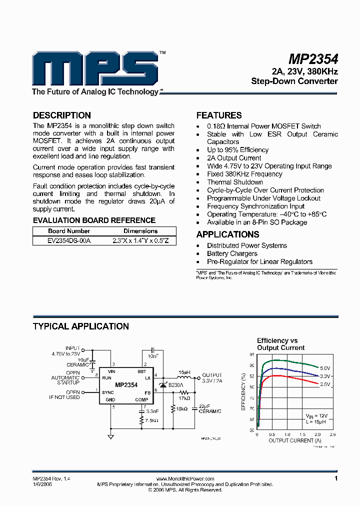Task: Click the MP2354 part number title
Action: (313, 58)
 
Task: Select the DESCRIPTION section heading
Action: (61, 115)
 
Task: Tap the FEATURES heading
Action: (219, 115)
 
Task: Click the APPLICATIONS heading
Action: (227, 234)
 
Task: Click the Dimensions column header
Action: (140, 231)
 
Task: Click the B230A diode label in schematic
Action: (176, 385)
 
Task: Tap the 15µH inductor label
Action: (184, 372)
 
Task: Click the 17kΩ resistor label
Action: (184, 398)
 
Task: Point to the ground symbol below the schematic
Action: (110, 436)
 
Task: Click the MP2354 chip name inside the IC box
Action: (126, 385)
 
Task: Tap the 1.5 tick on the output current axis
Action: (302, 434)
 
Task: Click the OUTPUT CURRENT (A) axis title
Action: (294, 440)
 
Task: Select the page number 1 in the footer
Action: (336, 478)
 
